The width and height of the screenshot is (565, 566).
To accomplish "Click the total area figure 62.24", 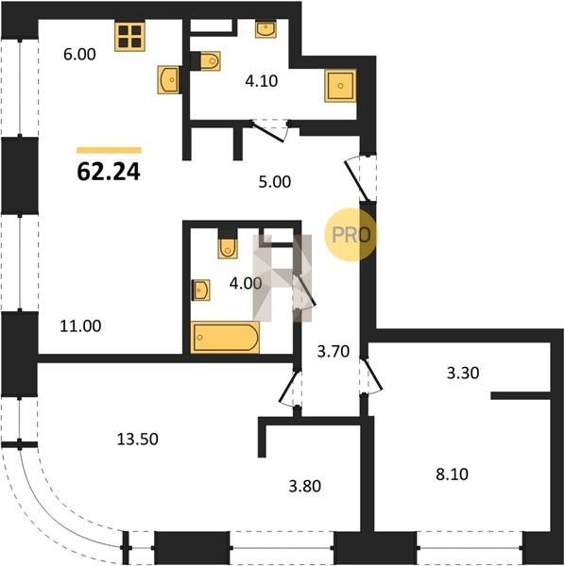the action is click(x=109, y=172).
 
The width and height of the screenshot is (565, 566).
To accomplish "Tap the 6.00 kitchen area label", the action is click(x=79, y=55).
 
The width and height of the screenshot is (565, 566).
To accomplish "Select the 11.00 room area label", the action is click(x=80, y=326).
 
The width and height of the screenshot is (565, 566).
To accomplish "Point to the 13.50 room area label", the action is click(x=138, y=439).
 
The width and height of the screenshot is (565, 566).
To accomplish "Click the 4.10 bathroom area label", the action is click(x=262, y=81).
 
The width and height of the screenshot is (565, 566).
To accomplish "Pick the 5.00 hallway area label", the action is click(x=275, y=181).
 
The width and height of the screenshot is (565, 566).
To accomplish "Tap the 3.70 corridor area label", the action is click(x=334, y=351).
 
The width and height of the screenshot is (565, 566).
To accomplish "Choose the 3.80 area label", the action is click(x=305, y=486).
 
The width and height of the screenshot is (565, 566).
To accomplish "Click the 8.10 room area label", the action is click(x=452, y=474).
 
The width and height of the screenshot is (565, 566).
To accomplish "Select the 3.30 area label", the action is click(x=463, y=373).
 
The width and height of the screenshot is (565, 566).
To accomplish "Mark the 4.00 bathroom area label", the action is click(x=246, y=283).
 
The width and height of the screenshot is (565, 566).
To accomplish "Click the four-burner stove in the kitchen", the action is click(x=129, y=36).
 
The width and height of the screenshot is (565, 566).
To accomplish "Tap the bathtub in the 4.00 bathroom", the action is click(x=225, y=337).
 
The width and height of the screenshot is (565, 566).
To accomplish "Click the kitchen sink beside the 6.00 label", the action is click(x=168, y=79).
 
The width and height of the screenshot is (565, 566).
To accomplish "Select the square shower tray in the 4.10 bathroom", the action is click(x=340, y=86).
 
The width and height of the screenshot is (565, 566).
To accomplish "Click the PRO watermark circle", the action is click(x=351, y=235).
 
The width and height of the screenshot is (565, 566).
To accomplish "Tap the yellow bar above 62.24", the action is click(x=109, y=150).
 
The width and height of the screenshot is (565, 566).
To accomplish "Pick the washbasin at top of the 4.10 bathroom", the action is click(x=265, y=28).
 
